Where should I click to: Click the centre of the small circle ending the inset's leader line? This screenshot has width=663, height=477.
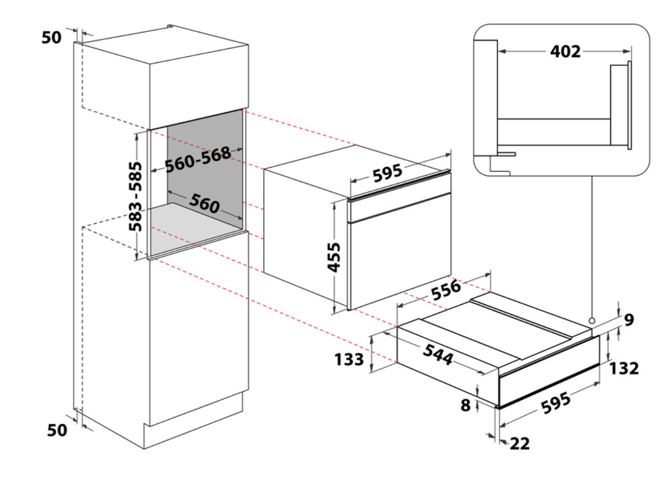[592, 321]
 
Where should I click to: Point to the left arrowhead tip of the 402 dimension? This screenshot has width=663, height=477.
[499, 51]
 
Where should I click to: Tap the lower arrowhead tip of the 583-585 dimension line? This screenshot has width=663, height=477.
[136, 260]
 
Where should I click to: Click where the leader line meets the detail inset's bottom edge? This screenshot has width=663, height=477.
[592, 176]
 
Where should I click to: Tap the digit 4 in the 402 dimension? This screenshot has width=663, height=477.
[556, 52]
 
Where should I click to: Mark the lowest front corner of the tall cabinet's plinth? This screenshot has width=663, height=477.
[144, 449]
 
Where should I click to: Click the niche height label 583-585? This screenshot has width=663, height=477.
[135, 196]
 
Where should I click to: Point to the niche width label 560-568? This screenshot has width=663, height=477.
[198, 160]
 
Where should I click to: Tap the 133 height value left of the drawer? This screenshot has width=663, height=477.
[349, 360]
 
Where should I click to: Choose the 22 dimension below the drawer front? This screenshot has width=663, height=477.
[520, 444]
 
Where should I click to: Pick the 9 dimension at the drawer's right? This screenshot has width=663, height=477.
[629, 320]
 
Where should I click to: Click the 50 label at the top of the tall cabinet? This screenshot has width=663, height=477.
[52, 37]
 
